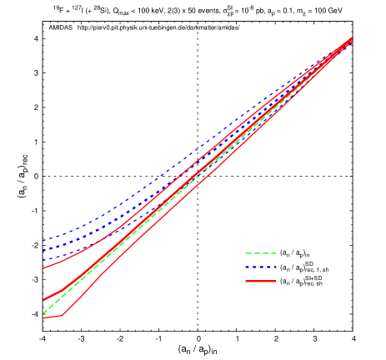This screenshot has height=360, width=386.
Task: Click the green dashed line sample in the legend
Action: (260, 253)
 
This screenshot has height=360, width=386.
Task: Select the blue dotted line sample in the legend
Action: (260, 267)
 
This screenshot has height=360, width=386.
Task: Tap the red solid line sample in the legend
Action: (260, 282)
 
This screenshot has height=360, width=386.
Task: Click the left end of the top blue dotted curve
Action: (43, 241)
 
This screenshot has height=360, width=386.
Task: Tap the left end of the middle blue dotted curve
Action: (43, 250)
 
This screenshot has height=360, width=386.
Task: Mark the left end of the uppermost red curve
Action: (43, 268)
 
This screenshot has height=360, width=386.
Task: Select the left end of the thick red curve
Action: (43, 300)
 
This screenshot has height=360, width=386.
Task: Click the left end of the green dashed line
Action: (43, 313)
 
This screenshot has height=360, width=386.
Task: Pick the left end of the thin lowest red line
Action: (43, 318)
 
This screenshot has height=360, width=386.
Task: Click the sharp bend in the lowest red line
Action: (62, 316)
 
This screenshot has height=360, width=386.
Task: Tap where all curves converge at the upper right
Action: (351, 38)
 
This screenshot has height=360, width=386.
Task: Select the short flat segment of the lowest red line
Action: (53, 317)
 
